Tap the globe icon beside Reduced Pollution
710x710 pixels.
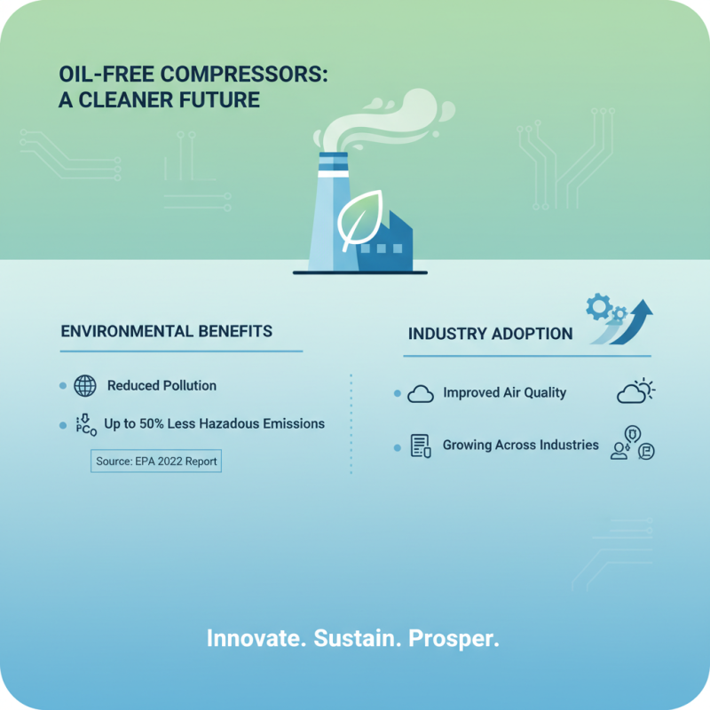[x=84, y=386]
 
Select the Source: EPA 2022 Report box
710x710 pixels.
[x=155, y=461]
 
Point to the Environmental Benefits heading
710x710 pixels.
[x=166, y=331]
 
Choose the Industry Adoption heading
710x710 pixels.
[x=490, y=335]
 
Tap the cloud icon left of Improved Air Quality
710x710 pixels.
[x=420, y=394]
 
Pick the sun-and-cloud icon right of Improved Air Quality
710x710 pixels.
[x=635, y=391]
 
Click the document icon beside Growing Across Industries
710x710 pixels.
[x=421, y=446]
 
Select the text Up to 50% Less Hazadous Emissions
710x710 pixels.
[x=214, y=424]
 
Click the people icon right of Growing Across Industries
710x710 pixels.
[x=632, y=446]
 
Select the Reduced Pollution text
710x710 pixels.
[x=162, y=386]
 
